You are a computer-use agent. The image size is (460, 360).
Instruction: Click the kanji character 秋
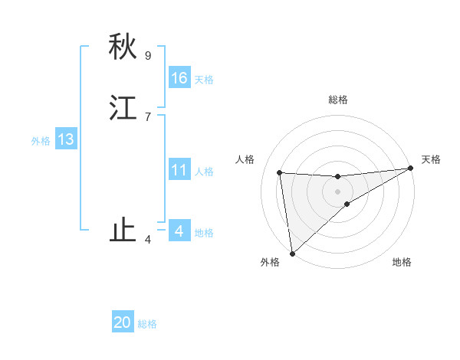123,47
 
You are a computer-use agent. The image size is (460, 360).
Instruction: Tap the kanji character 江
123,108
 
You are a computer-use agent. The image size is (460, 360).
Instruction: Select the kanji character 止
123,231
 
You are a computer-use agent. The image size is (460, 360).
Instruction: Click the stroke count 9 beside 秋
148,55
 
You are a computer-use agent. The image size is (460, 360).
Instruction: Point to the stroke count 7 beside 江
148,116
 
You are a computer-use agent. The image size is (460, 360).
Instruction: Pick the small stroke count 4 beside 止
148,240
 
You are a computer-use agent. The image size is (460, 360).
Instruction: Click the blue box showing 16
179,78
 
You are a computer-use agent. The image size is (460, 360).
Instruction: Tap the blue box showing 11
179,170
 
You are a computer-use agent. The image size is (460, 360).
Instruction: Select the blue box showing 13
66,139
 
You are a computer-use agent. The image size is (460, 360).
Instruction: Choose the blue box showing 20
123,322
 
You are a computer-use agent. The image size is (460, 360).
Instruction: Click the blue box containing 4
179,231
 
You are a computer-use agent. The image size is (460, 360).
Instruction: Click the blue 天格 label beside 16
204,80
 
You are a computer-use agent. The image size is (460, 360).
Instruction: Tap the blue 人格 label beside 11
204,172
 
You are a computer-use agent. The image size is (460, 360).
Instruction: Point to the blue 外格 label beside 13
41,141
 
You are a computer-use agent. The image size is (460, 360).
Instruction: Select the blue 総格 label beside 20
147,324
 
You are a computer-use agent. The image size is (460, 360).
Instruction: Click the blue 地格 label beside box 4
204,233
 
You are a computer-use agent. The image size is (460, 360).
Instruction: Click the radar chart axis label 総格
338,100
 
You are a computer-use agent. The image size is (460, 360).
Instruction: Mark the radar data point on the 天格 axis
410,169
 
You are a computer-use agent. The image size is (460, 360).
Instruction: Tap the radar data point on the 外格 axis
291,254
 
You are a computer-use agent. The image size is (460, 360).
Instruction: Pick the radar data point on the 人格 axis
280,172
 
